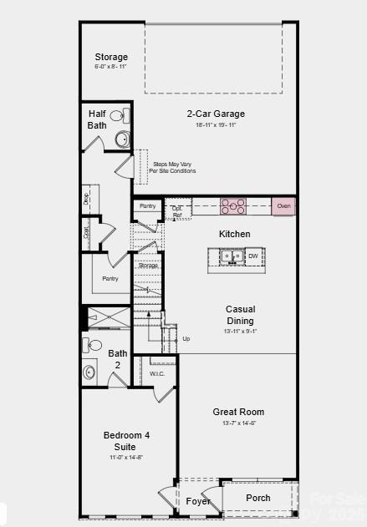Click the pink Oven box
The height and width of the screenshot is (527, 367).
click(x=283, y=205)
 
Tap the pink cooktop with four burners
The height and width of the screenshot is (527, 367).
click(x=233, y=205)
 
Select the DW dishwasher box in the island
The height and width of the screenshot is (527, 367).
click(x=253, y=256)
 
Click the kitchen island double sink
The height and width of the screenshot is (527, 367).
click(x=232, y=256)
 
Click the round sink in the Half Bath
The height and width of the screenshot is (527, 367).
click(x=122, y=139)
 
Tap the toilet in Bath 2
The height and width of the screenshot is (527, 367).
click(x=94, y=345)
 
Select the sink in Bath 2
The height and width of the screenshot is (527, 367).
click(x=89, y=372)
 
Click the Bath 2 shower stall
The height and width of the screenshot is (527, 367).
click(x=110, y=317)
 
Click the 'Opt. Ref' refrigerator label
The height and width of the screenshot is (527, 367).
click(x=177, y=212)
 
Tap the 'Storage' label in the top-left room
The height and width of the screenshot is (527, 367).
click(x=110, y=57)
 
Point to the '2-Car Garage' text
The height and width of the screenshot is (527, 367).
click(x=216, y=114)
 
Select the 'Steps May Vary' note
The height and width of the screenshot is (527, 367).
click(x=174, y=167)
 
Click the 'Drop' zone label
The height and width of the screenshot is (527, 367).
click(x=87, y=198)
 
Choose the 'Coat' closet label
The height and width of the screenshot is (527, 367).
click(x=87, y=233)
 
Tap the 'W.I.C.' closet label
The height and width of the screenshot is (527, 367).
click(x=157, y=373)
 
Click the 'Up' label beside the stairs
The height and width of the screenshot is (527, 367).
click(x=186, y=339)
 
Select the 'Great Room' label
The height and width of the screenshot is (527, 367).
click(x=238, y=412)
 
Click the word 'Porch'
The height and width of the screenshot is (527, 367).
click(x=258, y=498)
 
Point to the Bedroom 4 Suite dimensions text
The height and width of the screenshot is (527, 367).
click(x=125, y=458)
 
